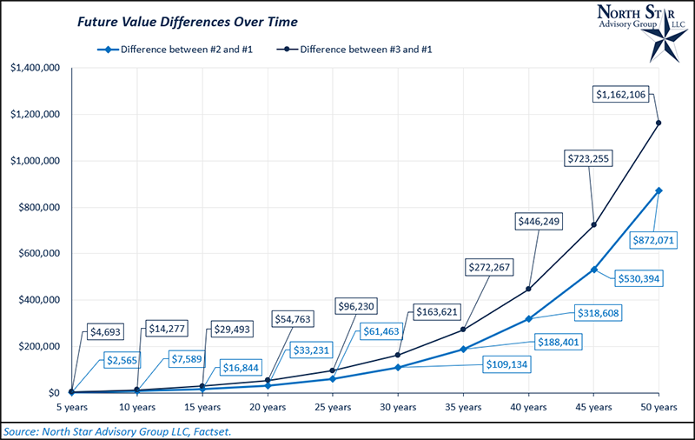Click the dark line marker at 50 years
coord(659,123)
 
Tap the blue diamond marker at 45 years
coord(594,270)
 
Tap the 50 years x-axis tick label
coord(659,407)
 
